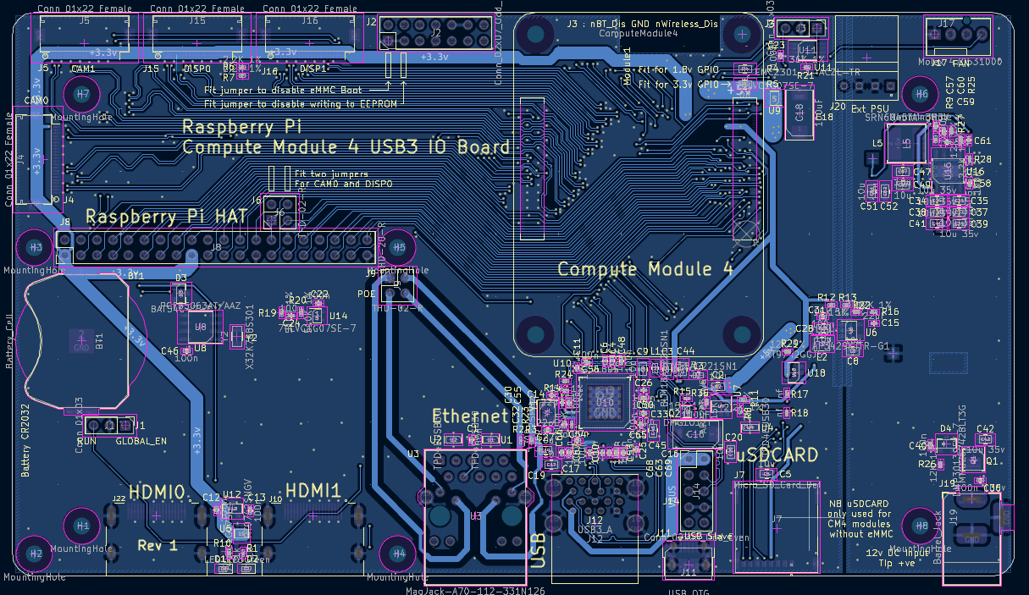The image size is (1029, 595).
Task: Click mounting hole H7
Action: point(81,94)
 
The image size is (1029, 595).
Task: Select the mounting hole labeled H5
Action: point(398,247)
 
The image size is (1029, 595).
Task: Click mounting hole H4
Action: point(399,554)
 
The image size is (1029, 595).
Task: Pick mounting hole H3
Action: point(35,247)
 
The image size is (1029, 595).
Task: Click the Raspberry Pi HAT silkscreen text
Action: point(167,217)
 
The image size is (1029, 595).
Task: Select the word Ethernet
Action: point(470,416)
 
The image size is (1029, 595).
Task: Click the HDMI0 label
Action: point(157,492)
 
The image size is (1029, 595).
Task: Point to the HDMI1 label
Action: point(313,490)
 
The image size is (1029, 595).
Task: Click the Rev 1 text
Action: point(158,546)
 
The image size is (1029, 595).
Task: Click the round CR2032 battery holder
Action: point(79,339)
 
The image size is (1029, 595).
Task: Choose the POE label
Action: point(366,294)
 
